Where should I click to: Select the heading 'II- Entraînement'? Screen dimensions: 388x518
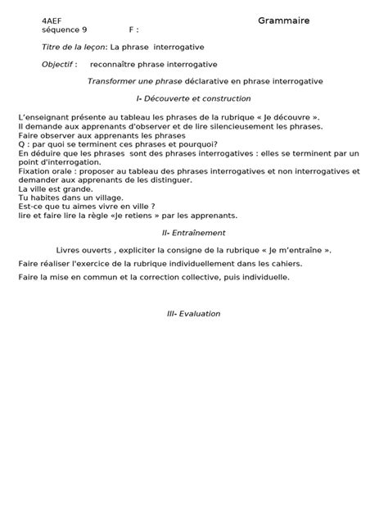193,233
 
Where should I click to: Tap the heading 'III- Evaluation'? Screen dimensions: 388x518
192,313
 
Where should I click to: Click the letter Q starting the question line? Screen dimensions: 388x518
20,143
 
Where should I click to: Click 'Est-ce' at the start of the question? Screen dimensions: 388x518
29,207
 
